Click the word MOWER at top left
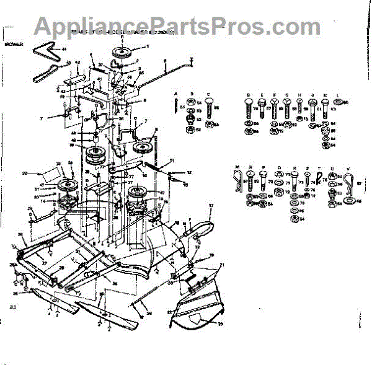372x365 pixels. (14, 45)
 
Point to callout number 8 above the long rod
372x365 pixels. (166, 60)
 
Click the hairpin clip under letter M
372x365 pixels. (237, 180)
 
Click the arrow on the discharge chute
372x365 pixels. (197, 320)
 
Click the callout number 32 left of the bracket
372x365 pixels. (25, 173)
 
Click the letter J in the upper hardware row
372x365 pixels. (312, 96)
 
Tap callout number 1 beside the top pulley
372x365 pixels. (148, 47)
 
